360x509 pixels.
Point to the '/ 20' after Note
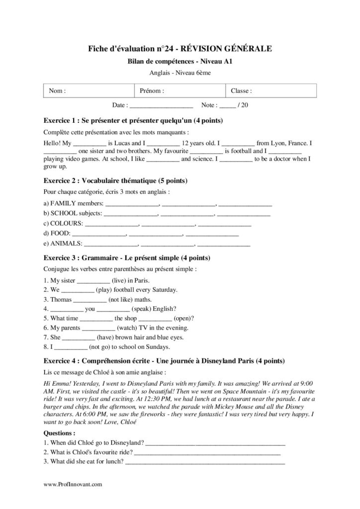coord(243,105)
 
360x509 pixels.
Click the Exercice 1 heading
coord(133,121)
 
